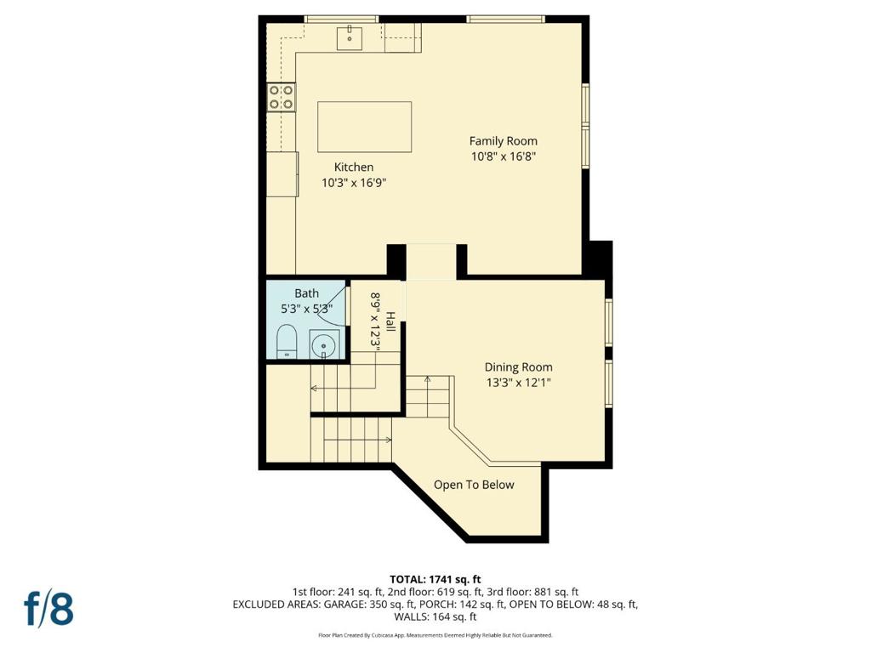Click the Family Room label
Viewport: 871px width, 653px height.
504,141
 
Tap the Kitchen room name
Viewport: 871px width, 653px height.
354,167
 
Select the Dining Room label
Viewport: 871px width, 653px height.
518,367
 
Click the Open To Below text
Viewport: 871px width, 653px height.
474,485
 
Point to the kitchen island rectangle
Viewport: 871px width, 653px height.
364,127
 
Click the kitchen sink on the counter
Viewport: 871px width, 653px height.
350,37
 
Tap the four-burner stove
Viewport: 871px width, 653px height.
282,97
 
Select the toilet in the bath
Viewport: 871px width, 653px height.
287,342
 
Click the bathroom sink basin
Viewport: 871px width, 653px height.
324,346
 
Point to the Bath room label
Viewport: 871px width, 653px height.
306,293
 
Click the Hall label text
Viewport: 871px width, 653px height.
391,322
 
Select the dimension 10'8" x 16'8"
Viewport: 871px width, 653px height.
504,156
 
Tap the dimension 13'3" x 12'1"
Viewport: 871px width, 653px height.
518,383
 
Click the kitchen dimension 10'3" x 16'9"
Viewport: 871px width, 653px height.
354,183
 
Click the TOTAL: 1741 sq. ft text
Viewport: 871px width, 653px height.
435,580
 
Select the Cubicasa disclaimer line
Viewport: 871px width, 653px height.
435,634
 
